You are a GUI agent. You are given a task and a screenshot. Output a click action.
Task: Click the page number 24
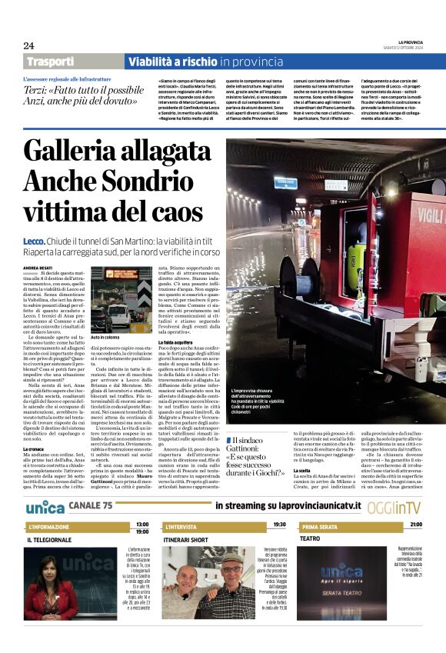click(29, 46)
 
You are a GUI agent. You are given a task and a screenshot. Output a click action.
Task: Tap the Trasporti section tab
click(51, 62)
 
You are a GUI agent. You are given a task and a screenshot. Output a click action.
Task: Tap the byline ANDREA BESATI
click(38, 268)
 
